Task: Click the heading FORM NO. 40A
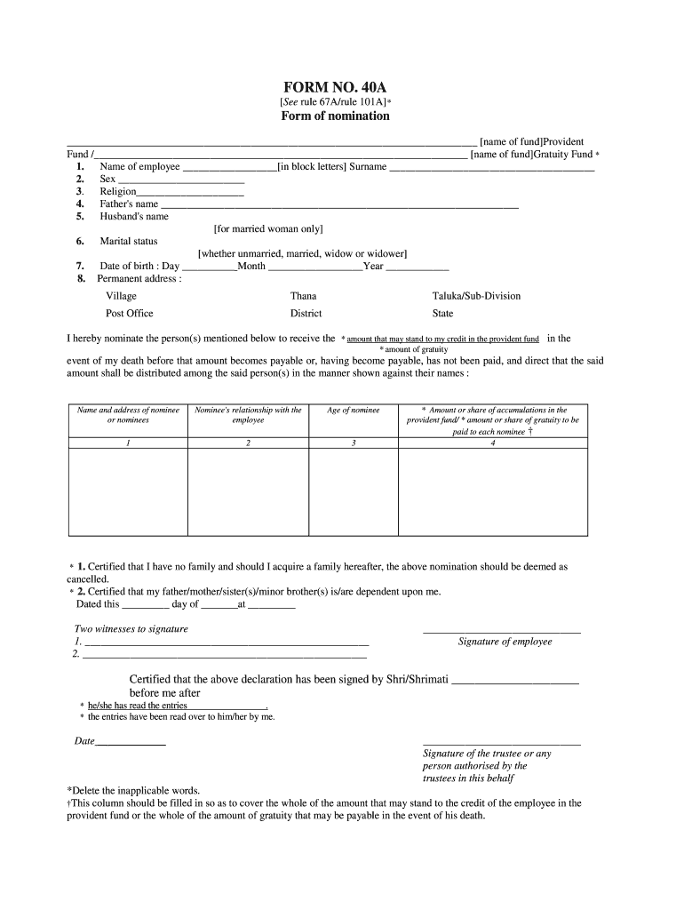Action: (335, 87)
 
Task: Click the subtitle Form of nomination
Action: (335, 116)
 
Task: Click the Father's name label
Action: (129, 204)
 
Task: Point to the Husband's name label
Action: (133, 216)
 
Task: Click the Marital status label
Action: (128, 241)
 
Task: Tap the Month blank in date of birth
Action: (314, 267)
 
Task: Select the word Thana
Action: (303, 296)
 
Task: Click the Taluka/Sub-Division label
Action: (476, 296)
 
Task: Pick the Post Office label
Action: (130, 313)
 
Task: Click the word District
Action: (306, 313)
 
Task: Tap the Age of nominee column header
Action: (354, 411)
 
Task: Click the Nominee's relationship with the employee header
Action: (248, 415)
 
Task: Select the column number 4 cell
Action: (492, 443)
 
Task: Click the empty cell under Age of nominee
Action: (354, 491)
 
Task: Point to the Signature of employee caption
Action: (505, 642)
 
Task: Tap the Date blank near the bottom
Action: (131, 741)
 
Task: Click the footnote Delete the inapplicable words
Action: (133, 790)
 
